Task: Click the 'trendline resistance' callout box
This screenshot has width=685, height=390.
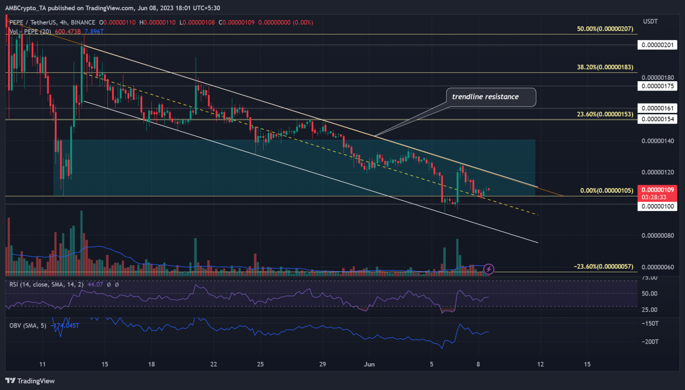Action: coord(491,97)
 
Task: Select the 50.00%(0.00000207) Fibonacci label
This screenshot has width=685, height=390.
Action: coord(605,29)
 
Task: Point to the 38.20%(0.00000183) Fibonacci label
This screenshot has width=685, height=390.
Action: coord(605,67)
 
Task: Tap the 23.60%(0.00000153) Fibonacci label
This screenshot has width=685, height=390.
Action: coord(605,114)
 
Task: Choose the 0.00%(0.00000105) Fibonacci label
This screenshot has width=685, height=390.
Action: coord(607,191)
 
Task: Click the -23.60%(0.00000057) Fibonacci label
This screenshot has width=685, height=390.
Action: coord(603,266)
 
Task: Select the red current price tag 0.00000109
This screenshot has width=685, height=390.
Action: coord(657,190)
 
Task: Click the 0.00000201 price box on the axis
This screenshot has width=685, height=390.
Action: coord(657,45)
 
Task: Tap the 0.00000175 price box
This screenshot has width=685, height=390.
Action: coord(657,86)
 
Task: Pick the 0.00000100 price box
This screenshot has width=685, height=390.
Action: coord(657,206)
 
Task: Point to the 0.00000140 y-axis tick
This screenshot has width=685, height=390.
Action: coord(657,141)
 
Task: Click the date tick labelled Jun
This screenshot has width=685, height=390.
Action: coord(369,364)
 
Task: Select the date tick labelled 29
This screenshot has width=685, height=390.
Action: coord(322,364)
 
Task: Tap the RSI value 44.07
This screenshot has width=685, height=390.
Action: coord(95,284)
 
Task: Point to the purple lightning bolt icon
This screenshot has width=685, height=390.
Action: coord(489,269)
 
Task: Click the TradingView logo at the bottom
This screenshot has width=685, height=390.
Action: coord(30,381)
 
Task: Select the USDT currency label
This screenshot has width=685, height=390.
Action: coord(650,21)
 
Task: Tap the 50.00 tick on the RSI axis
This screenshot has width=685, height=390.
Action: coord(649,294)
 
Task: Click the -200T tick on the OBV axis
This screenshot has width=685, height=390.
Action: coord(650,342)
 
